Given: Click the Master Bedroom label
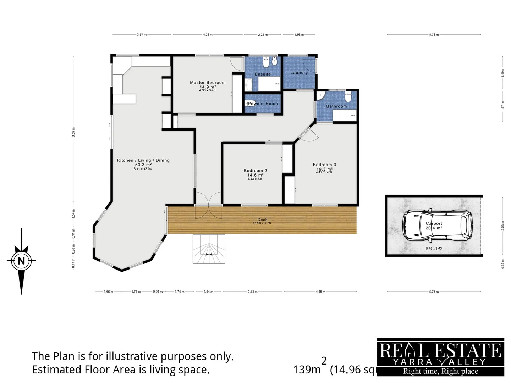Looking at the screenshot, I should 208,83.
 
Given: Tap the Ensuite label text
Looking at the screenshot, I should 263,74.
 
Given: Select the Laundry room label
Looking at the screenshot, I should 299,73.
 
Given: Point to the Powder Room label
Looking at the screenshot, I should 263,104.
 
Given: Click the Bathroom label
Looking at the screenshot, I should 336,106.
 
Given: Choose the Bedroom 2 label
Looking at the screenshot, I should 255,171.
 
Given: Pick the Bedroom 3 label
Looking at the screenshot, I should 324,165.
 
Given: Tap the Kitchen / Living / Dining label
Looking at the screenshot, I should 143,160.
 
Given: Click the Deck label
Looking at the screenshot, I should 263,220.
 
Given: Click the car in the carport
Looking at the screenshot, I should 437,224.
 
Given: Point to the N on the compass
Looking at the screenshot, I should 21,261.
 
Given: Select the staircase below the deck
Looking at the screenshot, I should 209,249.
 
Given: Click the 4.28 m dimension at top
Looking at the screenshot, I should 208,35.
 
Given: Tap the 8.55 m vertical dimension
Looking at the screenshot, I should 73,132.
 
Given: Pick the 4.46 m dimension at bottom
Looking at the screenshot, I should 320,292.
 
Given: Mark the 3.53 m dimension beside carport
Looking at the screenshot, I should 502,225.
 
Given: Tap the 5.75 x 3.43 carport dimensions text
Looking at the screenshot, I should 434,248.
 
